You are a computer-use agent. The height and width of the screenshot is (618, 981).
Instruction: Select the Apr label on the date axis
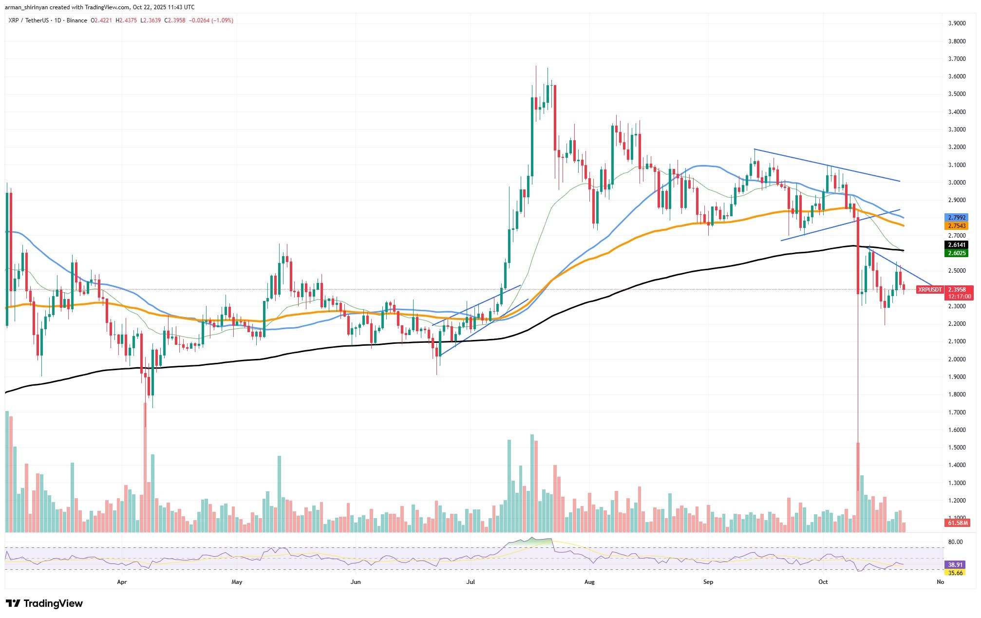coord(122,582)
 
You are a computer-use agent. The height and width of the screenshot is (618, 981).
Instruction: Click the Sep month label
coord(708,582)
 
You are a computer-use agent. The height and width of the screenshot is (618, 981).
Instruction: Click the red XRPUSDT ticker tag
coord(929,290)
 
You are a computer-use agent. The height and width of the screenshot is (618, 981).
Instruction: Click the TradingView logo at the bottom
coord(44,604)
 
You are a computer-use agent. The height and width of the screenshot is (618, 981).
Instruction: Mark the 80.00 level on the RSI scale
coord(952,542)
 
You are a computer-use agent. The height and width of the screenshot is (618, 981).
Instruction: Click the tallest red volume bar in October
coord(858,487)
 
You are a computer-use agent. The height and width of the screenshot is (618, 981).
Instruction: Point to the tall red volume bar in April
coord(145,468)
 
